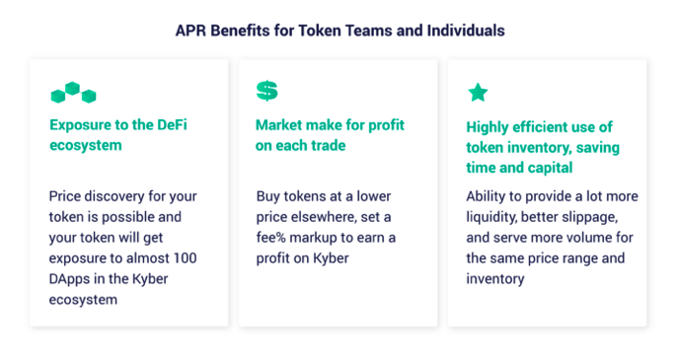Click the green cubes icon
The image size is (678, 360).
coord(73,93)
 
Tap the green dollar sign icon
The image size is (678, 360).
coord(266,91)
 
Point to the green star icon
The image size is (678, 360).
coord(478,93)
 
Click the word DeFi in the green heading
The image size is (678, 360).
coord(172,125)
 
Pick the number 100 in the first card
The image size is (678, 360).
coord(186,258)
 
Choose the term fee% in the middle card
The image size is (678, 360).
coord(270,238)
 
